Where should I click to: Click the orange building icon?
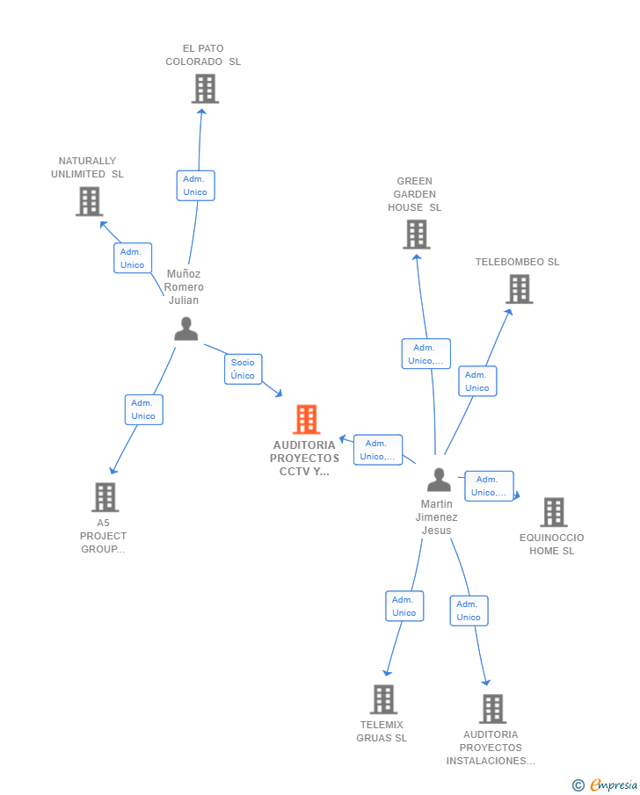click(x=306, y=420)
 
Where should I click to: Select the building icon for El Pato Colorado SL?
click(x=204, y=89)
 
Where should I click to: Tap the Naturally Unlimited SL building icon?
click(x=89, y=201)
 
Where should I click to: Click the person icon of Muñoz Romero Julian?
click(x=185, y=329)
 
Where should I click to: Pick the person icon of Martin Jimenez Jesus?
click(x=438, y=480)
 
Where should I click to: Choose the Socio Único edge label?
click(x=243, y=369)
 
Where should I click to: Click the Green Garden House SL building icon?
click(x=416, y=235)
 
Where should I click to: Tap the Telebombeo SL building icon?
click(x=519, y=289)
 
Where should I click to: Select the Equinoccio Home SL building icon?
click(x=553, y=512)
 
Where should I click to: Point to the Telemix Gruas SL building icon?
click(x=382, y=699)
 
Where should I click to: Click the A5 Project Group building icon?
click(x=105, y=497)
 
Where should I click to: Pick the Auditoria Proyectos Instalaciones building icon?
click(x=492, y=709)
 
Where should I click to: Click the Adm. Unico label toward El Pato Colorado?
click(x=195, y=185)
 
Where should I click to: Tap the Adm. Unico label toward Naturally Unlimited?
click(x=133, y=258)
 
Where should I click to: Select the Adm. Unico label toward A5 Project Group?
click(x=143, y=409)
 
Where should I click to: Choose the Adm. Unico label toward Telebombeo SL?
click(x=477, y=381)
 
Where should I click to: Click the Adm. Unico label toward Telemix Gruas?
click(x=404, y=606)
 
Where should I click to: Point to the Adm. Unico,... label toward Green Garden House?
click(x=426, y=354)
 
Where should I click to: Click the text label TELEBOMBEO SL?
click(x=517, y=262)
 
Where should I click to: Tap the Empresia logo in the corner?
click(x=605, y=785)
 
